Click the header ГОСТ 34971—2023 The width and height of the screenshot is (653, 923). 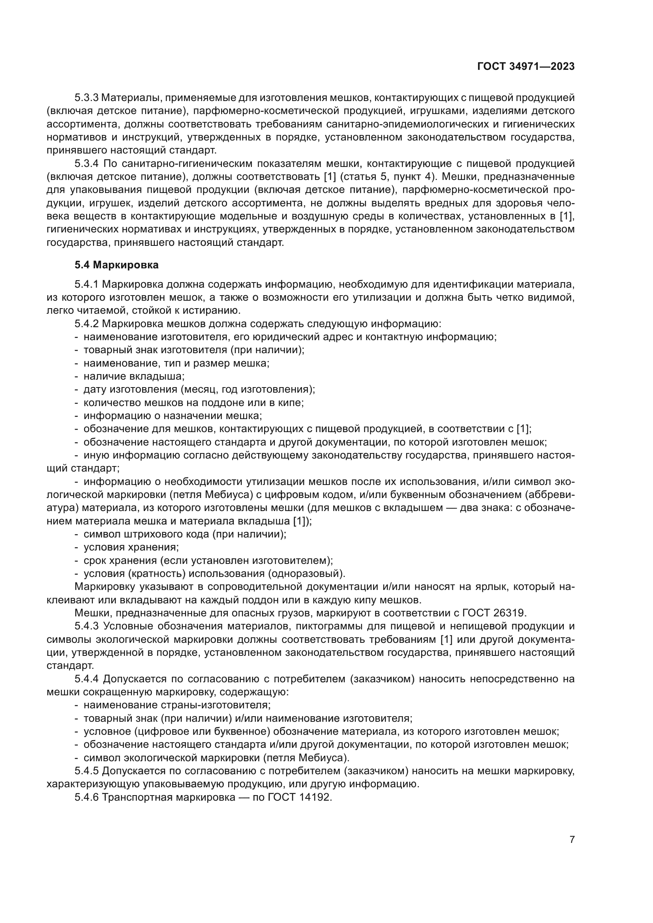click(x=526, y=67)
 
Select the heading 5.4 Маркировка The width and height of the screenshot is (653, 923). click(x=116, y=265)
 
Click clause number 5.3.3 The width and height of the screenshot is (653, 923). click(x=86, y=98)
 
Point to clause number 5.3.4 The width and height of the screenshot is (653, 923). click(x=86, y=164)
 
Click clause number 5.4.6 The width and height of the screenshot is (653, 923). click(x=86, y=797)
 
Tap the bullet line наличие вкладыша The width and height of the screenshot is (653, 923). click(x=134, y=376)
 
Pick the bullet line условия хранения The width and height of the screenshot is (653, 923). click(x=131, y=547)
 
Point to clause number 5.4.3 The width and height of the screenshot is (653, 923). click(x=86, y=626)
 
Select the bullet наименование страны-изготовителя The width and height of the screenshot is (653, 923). click(x=177, y=705)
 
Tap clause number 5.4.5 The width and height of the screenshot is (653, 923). click(x=86, y=771)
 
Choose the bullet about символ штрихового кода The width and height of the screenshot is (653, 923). click(x=185, y=534)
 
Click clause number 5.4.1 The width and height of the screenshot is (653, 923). click(x=86, y=284)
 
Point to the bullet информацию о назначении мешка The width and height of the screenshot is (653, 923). click(x=173, y=416)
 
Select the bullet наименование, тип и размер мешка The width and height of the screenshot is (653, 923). click(x=176, y=363)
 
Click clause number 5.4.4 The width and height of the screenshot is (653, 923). click(x=86, y=679)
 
